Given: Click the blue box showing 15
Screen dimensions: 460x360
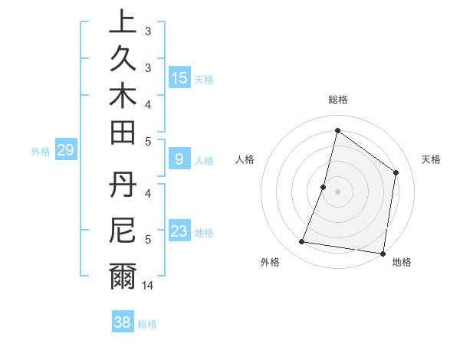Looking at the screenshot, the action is coord(179,78).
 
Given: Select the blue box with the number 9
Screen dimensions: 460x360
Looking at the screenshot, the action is coord(179,160).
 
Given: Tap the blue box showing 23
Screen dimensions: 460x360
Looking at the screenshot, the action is coord(179,232).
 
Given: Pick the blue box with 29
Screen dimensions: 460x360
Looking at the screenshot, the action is coord(66,151).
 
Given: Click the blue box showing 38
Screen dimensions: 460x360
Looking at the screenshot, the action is coord(122,322).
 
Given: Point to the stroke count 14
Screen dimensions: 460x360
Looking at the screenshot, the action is coord(148,286).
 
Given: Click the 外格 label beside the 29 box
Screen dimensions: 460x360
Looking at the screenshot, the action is coord(41,152).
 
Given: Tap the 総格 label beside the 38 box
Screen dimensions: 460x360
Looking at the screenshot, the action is coord(147,324).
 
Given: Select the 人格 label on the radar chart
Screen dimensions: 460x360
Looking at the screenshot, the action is coord(245,159).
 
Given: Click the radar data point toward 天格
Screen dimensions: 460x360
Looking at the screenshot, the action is coord(396,172).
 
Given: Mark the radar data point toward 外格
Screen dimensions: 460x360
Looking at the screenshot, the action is coord(301,242).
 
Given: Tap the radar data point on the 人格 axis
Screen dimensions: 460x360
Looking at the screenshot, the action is coord(324,187).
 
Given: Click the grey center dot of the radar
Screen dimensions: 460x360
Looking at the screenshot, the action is coord(337,191).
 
